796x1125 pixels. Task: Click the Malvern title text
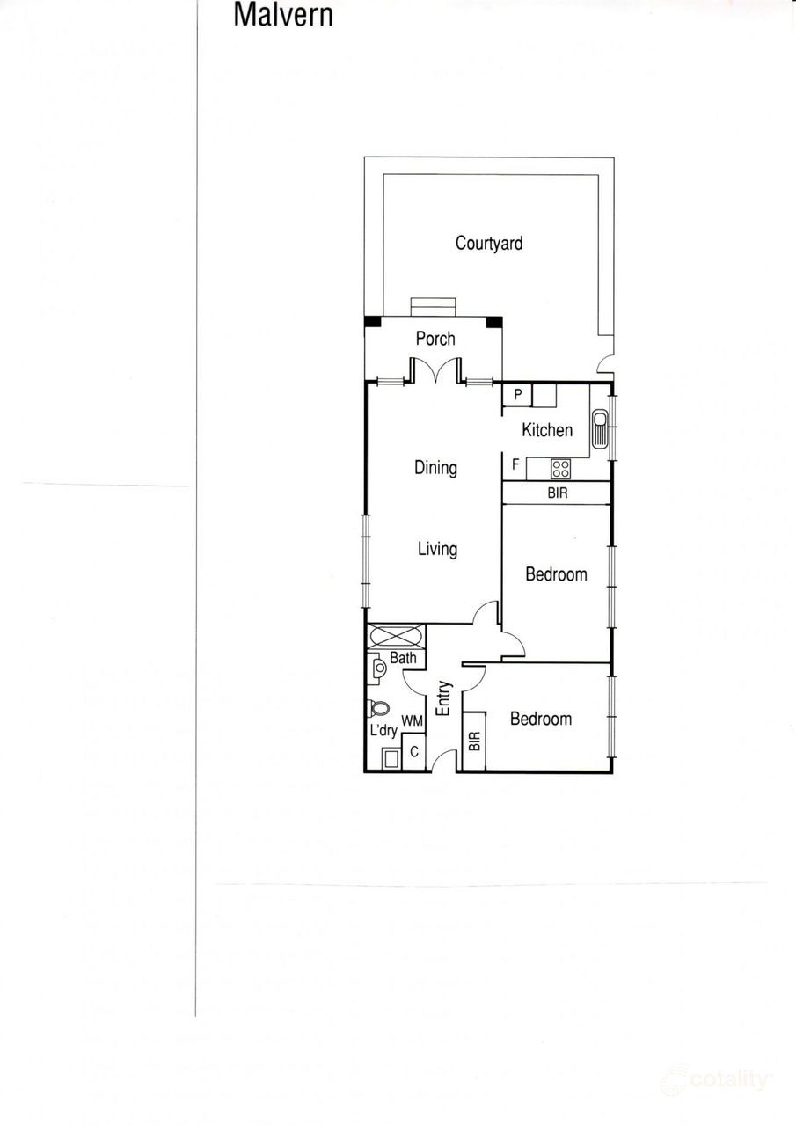[283, 15]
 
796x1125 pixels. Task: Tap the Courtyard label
[488, 244]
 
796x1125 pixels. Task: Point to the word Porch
[435, 339]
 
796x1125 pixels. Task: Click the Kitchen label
[547, 430]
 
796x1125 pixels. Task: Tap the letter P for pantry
[518, 396]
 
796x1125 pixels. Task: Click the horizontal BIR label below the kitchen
[557, 493]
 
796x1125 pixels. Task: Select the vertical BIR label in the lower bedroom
[474, 741]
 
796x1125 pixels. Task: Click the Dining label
[435, 467]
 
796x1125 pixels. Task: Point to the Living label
[437, 549]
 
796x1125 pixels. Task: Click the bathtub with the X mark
[396, 636]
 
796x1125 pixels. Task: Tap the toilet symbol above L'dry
[380, 708]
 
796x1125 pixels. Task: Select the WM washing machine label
[413, 721]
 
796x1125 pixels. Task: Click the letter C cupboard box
[413, 753]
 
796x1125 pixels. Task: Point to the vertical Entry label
[443, 698]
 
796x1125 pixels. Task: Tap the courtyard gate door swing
[605, 362]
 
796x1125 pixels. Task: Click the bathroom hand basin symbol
[378, 668]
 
